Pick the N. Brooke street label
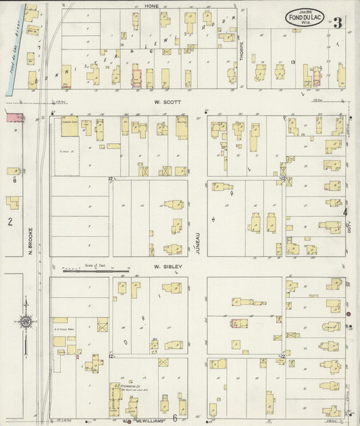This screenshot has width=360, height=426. (31, 240)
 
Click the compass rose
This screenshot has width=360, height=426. (26, 322)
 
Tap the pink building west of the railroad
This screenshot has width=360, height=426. (13, 117)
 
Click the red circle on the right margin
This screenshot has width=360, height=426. (349, 315)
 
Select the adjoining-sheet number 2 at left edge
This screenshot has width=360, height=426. (9, 221)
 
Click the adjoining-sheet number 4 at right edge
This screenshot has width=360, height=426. (345, 212)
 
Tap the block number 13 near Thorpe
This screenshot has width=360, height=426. (293, 62)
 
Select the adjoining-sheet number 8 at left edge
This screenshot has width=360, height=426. (14, 180)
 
